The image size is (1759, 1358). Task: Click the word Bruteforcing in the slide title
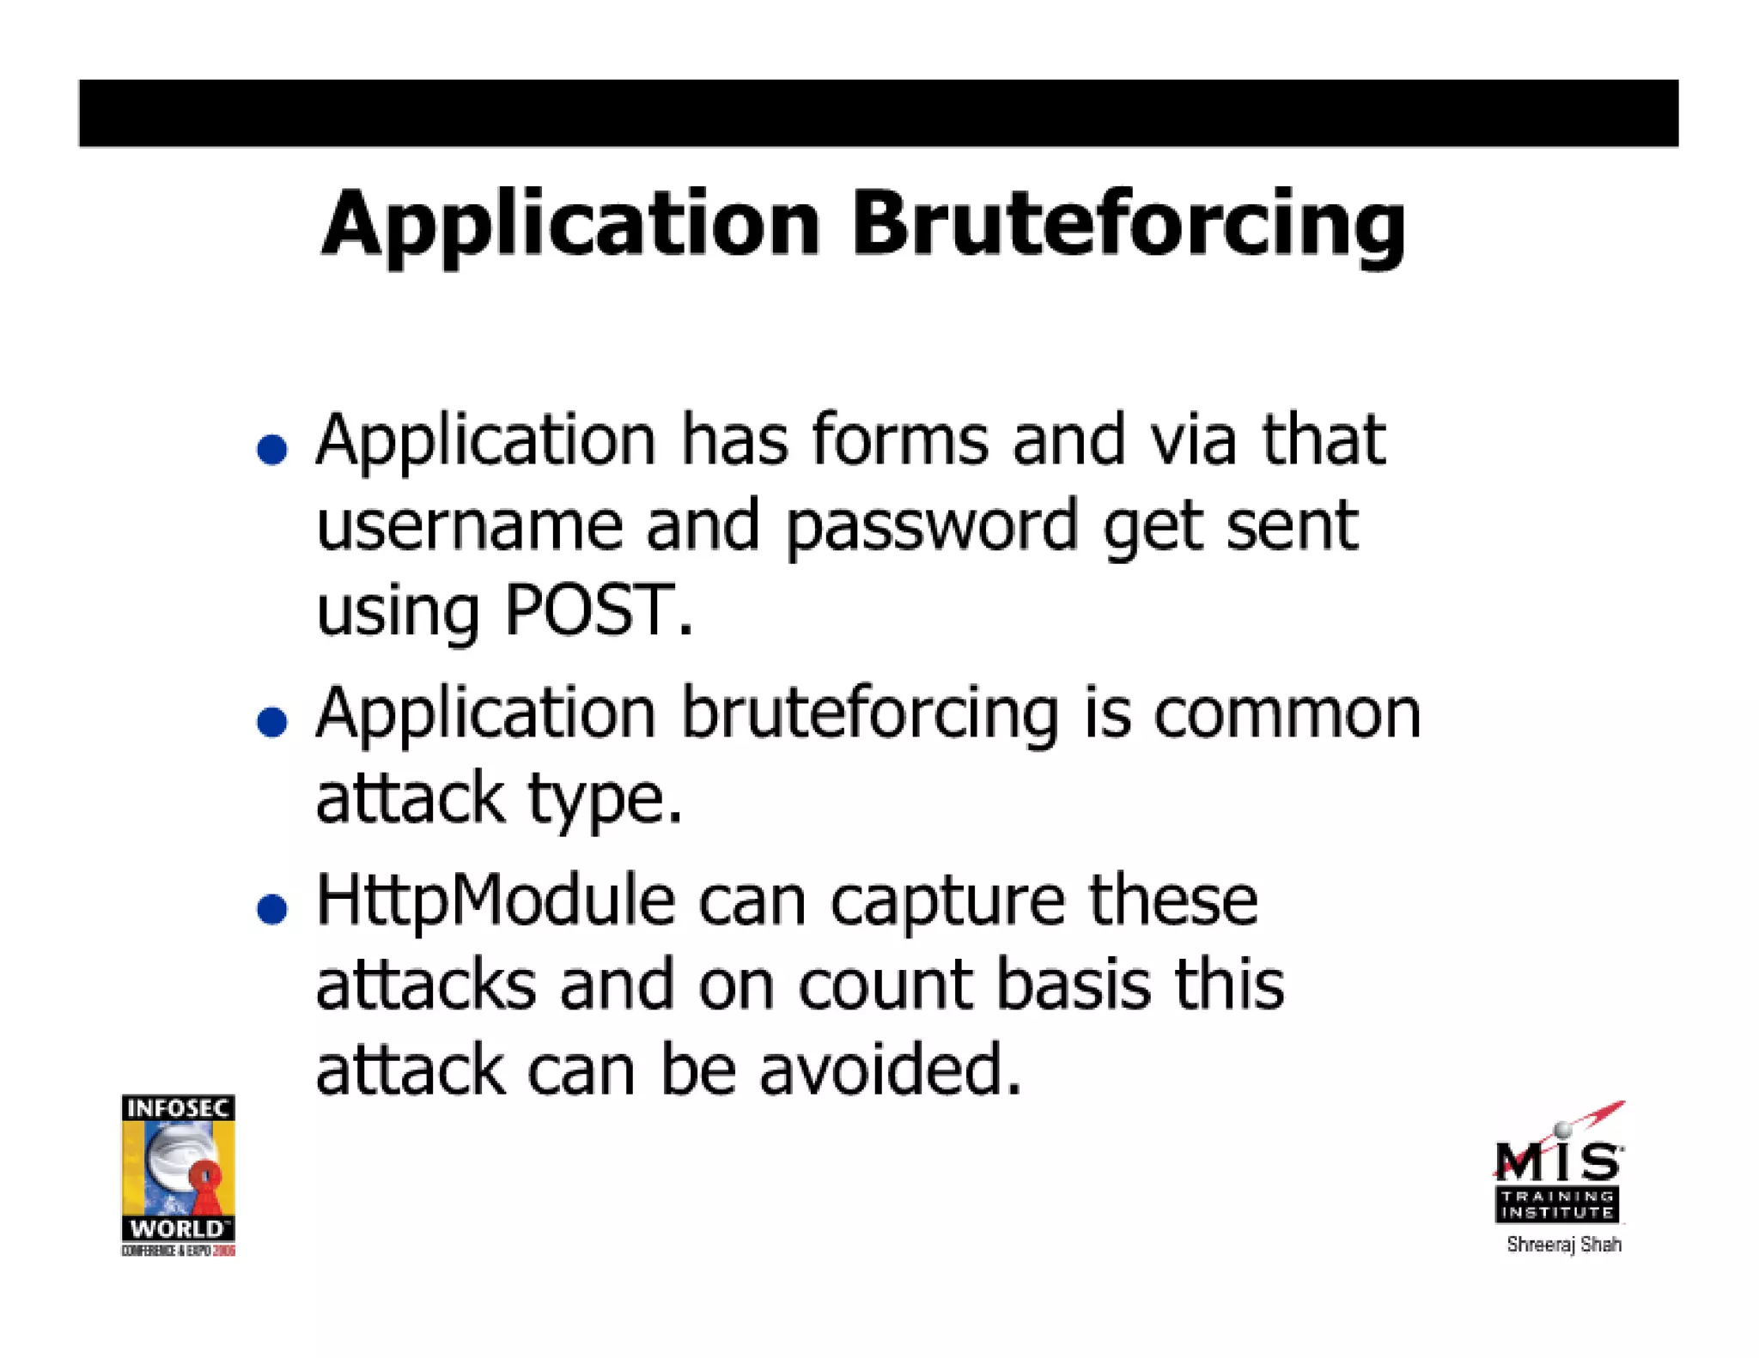click(x=1128, y=225)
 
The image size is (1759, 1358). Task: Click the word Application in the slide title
click(x=570, y=225)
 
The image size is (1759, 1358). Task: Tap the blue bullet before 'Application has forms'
click(x=272, y=449)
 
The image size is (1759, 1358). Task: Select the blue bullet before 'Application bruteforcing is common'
click(x=272, y=722)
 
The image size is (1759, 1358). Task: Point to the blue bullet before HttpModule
click(x=272, y=909)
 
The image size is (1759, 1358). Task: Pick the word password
click(x=931, y=525)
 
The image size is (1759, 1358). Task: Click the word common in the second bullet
click(x=1286, y=714)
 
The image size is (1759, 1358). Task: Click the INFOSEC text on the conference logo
click(x=178, y=1108)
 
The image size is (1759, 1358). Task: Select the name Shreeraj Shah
click(x=1563, y=1244)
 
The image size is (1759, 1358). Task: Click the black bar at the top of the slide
click(x=878, y=113)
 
